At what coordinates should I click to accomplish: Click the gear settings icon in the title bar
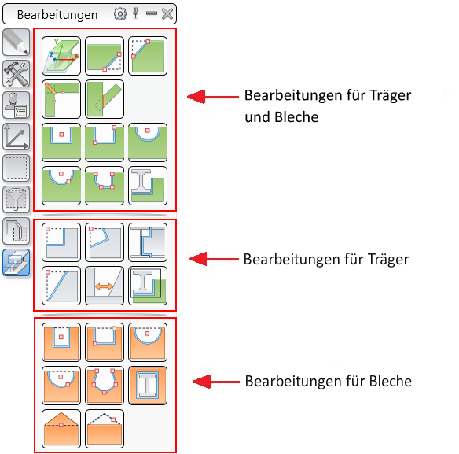click(120, 14)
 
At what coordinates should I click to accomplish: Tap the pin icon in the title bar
click(135, 13)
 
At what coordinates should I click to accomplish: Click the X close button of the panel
click(167, 14)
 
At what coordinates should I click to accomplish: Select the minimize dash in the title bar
click(152, 13)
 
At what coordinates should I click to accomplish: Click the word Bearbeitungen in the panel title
click(57, 15)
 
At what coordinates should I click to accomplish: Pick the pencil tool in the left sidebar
click(16, 42)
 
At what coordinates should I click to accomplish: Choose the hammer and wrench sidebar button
click(16, 73)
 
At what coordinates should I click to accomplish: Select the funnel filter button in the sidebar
click(16, 199)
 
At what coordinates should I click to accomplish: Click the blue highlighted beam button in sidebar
click(16, 262)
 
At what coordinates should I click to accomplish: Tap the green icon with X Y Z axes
click(61, 56)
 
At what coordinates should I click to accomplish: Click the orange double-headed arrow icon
click(105, 286)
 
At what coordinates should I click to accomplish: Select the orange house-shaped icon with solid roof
click(61, 429)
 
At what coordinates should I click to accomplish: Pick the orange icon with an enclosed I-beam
click(148, 386)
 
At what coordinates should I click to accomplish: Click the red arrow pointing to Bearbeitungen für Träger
click(214, 259)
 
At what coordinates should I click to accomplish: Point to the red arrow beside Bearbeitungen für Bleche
click(216, 382)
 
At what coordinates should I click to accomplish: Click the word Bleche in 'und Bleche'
click(296, 117)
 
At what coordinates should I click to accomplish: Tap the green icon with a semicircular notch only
click(148, 142)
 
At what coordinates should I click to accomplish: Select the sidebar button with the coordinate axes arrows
click(16, 137)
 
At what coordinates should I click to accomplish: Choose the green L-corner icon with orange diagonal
click(61, 99)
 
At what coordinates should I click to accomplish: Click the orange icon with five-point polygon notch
click(105, 386)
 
